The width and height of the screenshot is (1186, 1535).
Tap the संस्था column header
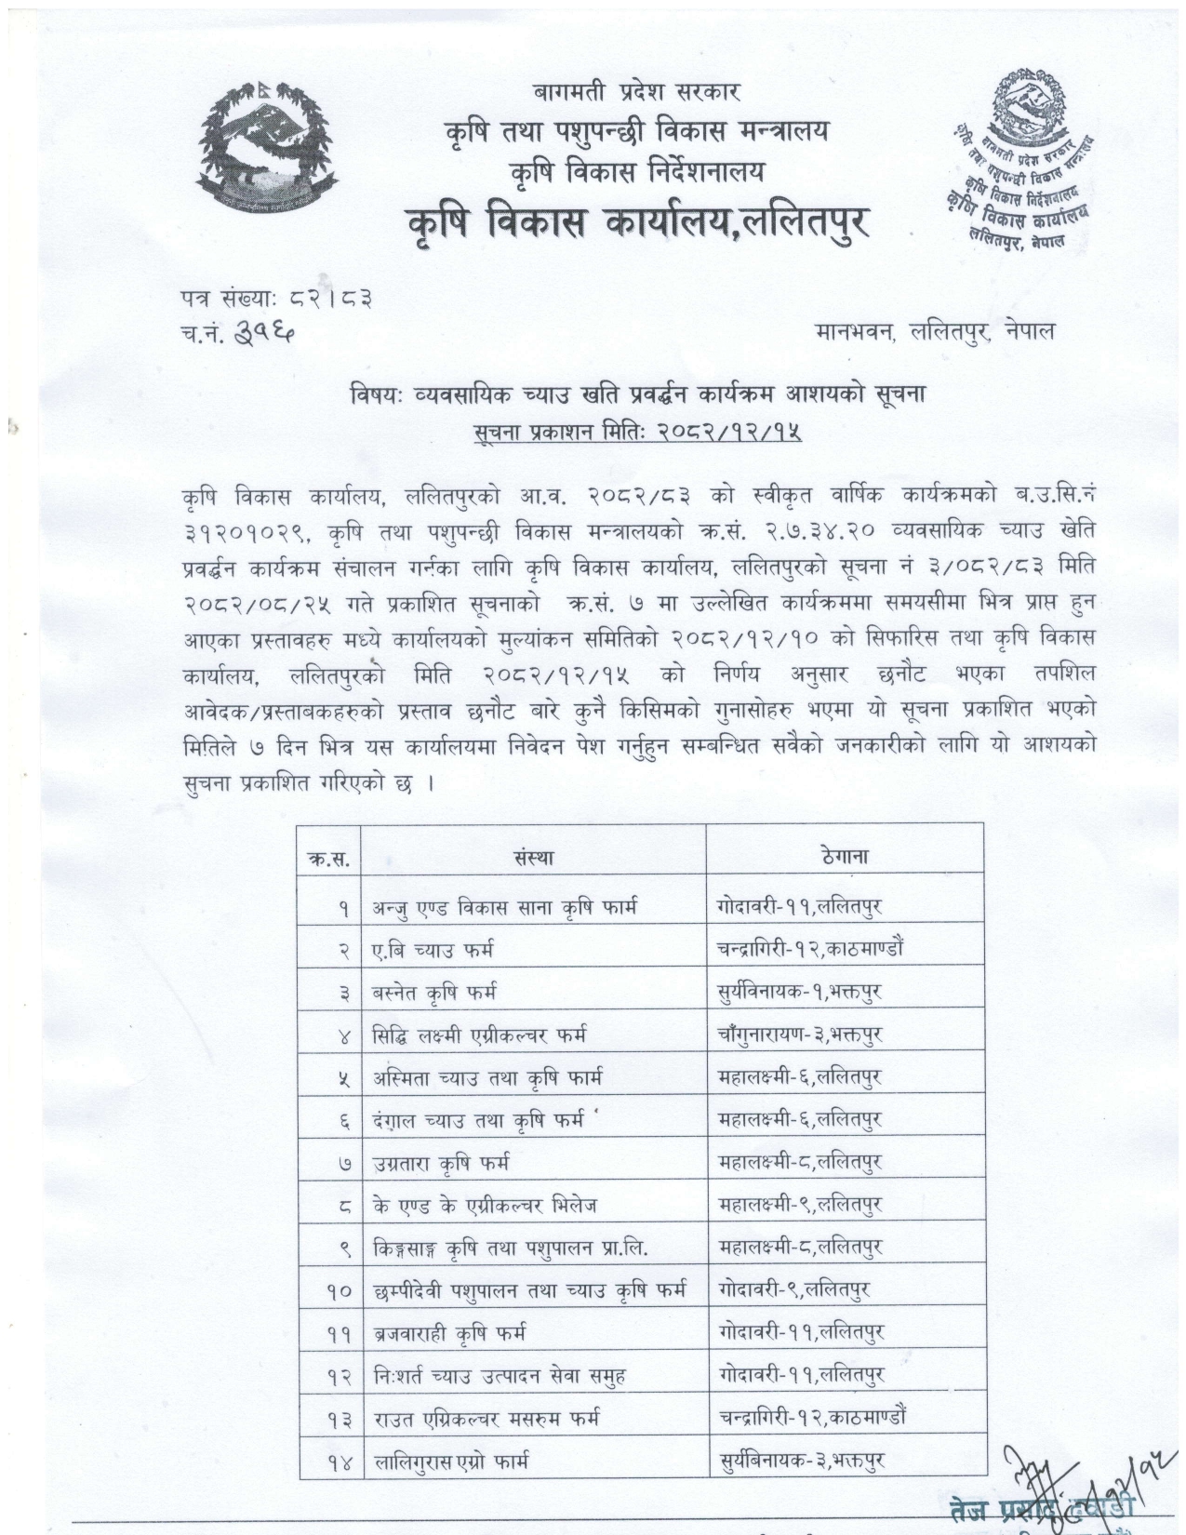point(533,857)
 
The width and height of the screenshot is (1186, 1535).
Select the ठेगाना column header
point(845,856)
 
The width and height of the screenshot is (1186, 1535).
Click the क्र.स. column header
point(328,858)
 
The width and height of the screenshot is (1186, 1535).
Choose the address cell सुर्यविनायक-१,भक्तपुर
point(799,992)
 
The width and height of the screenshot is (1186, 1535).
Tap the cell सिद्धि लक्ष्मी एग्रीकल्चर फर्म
point(479,1034)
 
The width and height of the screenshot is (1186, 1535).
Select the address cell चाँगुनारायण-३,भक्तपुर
point(800,1034)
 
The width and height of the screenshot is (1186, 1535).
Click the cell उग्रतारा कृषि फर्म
point(441,1163)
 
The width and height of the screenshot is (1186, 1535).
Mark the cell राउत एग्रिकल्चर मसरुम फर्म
point(486,1419)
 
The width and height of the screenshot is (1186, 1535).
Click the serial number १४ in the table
point(338,1462)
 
